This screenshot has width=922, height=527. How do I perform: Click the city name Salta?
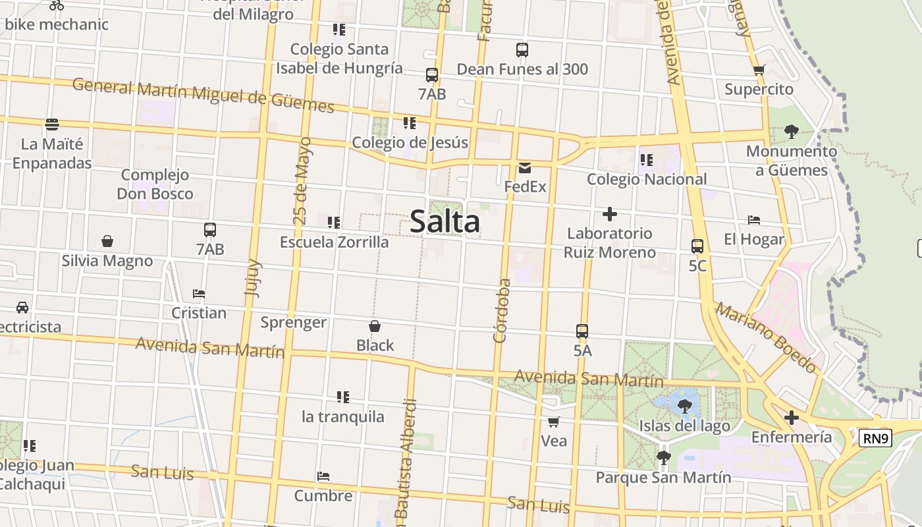coord(445,221)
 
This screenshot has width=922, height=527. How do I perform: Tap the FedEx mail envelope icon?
coord(525,168)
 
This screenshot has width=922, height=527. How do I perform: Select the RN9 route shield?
coord(875,438)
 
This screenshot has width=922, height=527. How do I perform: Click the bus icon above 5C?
coord(697,246)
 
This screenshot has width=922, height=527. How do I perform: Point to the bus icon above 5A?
coord(582,331)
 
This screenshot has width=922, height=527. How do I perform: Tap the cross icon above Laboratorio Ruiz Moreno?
coord(610,214)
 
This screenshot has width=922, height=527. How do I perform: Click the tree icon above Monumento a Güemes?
coord(791,132)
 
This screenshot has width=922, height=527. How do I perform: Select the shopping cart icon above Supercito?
coord(759,70)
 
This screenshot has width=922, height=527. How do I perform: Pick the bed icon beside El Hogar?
coord(754,220)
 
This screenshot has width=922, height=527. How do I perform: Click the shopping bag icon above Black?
coord(375,326)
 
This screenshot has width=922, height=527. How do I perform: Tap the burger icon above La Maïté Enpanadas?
coord(52,125)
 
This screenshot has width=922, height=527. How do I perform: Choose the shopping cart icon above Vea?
coord(554,422)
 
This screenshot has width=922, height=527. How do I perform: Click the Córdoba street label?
coord(502,310)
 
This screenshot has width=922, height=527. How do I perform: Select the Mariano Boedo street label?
coord(767,338)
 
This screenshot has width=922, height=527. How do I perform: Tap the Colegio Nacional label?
coord(647,179)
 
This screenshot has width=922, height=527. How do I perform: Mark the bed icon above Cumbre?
coord(323,476)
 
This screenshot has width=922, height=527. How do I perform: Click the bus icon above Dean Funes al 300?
coord(522,49)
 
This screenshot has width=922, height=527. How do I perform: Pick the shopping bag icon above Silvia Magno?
coord(107,242)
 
